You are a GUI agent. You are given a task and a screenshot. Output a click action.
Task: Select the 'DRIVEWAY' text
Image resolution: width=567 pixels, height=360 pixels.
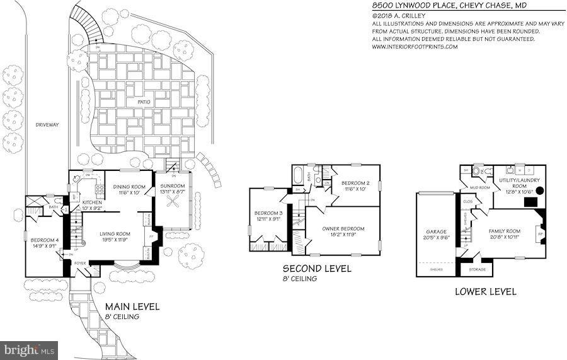[47, 125]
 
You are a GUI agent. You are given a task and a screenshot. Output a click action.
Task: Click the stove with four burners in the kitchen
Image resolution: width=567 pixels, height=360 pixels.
[99, 188]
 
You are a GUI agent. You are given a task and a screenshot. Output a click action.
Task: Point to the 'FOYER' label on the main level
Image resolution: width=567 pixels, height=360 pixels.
[80, 264]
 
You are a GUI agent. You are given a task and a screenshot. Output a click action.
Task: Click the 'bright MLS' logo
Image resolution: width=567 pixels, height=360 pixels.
[30, 347]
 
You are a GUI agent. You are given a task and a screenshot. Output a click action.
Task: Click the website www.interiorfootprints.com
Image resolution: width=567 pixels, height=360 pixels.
[415, 47]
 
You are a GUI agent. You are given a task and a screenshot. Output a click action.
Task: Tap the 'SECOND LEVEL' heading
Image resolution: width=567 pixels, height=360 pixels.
[317, 269]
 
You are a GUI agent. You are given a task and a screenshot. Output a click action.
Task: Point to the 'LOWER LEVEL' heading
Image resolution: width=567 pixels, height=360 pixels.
[485, 291]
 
